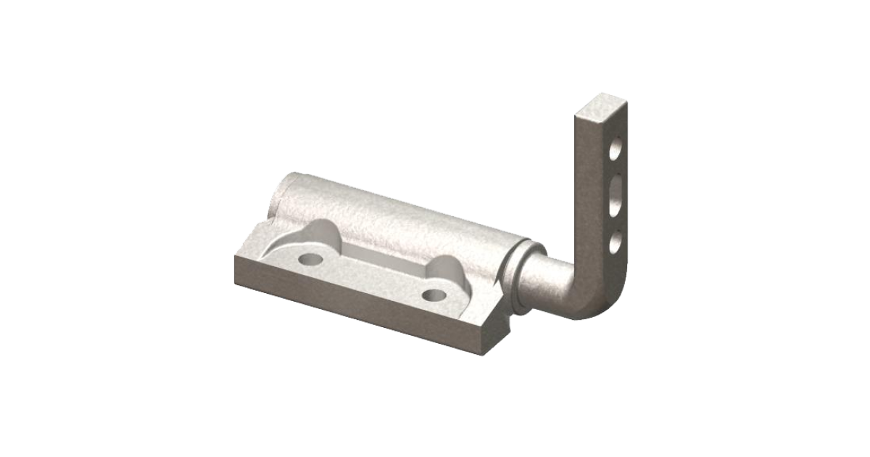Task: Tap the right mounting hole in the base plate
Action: pyautogui.click(x=435, y=294)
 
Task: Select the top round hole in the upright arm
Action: pyautogui.click(x=615, y=151)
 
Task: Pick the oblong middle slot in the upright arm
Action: pyautogui.click(x=615, y=197)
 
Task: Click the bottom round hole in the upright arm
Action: pyautogui.click(x=615, y=241)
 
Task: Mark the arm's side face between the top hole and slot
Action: pyautogui.click(x=615, y=171)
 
